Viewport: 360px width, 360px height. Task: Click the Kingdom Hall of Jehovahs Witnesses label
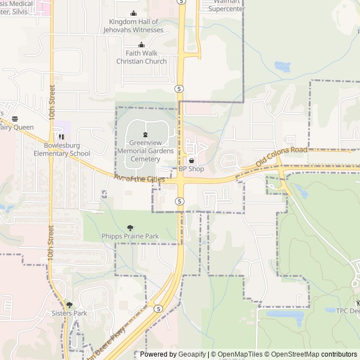click(x=136, y=26)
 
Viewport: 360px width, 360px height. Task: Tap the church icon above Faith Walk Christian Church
click(x=142, y=45)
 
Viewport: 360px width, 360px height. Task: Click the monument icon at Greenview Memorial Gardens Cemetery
click(x=146, y=135)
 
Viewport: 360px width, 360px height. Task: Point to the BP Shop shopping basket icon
click(x=191, y=161)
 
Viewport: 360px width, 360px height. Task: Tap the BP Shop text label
click(x=191, y=169)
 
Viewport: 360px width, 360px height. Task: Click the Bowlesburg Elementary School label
click(x=62, y=149)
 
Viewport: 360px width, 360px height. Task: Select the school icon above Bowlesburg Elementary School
click(x=61, y=136)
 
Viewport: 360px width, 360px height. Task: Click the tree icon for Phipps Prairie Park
click(x=130, y=228)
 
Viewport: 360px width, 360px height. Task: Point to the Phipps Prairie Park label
click(x=131, y=236)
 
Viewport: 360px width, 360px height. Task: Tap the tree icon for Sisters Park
click(x=69, y=305)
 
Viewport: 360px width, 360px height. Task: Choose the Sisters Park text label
click(x=69, y=313)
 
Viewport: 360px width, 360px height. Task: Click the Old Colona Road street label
click(x=281, y=156)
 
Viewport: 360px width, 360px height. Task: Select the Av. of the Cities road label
click(x=139, y=179)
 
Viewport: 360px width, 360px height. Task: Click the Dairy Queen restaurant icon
click(x=15, y=119)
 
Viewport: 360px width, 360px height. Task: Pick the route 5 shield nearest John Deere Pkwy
click(x=159, y=309)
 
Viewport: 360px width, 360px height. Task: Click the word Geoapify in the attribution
click(x=192, y=354)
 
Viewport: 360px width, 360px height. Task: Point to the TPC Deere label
click(x=348, y=310)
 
